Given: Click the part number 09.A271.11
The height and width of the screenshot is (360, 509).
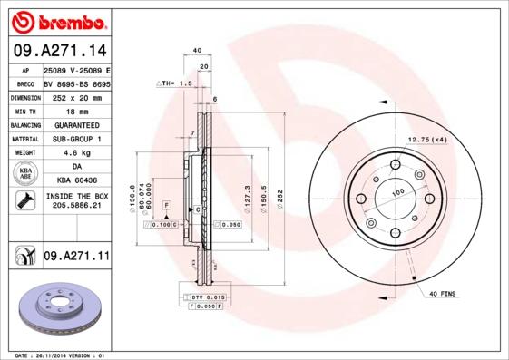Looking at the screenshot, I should [75, 258].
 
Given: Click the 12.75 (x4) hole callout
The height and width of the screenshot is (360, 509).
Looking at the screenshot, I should [426, 139].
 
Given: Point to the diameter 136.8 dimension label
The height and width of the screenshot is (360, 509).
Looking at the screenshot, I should [133, 197].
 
